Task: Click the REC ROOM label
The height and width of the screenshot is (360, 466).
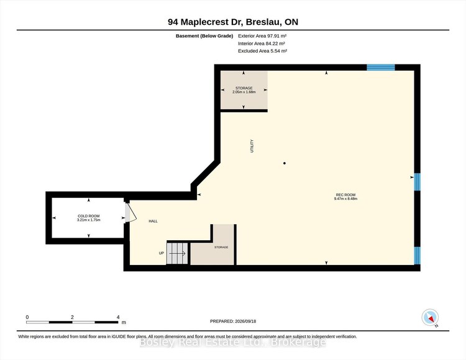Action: [345, 195]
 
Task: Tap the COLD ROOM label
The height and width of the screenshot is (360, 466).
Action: [89, 216]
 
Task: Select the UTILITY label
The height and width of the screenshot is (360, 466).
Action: [252, 146]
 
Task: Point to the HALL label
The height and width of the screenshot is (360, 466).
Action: [153, 221]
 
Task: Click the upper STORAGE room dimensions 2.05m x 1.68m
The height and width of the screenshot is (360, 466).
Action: [244, 92]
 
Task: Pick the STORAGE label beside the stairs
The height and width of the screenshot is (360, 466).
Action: [221, 247]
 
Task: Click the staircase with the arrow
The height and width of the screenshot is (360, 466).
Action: [177, 253]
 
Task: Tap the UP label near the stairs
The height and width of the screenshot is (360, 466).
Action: [162, 253]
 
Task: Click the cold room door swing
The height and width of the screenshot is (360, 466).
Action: [131, 212]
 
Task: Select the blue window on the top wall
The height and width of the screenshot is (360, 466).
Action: [381, 68]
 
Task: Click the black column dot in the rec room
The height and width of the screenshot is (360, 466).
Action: [285, 163]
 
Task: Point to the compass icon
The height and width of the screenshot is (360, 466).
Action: [430, 318]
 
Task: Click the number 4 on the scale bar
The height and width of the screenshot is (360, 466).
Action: [118, 317]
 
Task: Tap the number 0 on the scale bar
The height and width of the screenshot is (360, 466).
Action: [27, 317]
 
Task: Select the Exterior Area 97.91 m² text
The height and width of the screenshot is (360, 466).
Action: [262, 36]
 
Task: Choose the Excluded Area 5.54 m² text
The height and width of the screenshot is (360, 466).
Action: [262, 51]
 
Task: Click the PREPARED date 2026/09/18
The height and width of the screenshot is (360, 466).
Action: [245, 321]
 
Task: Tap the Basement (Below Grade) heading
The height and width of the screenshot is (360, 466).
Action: [204, 36]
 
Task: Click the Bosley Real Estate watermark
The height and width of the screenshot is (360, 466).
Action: [233, 343]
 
